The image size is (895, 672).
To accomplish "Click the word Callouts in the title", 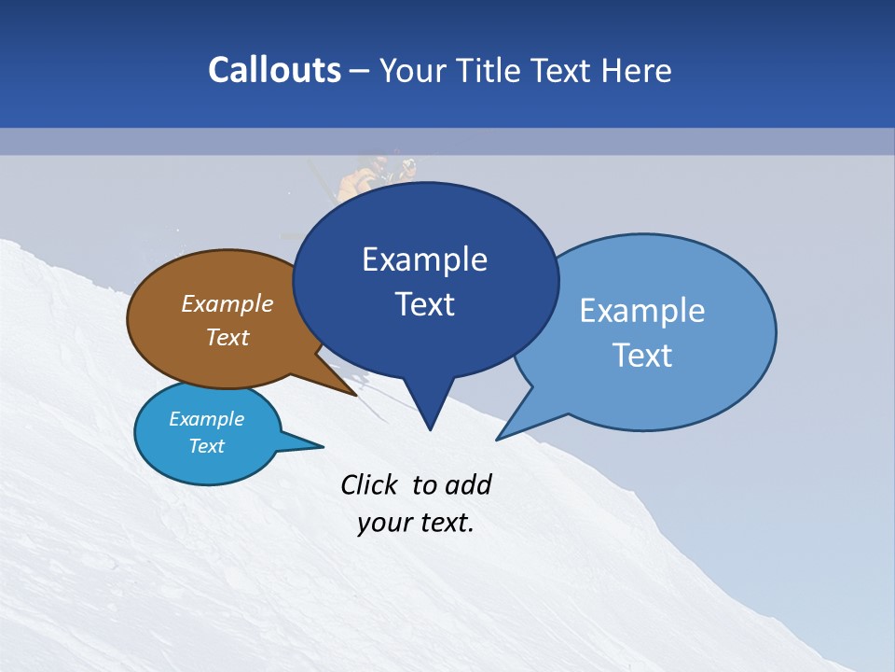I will coord(274,70).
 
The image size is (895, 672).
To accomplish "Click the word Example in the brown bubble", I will coord(227,303).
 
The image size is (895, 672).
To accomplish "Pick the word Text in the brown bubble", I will coord(227,337).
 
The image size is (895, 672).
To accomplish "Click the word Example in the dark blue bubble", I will coord(424,259).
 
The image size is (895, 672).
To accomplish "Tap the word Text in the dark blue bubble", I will coord(424,304).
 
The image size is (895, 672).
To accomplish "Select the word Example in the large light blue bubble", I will coord(642,311).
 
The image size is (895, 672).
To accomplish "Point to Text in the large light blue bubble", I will coord(642,356).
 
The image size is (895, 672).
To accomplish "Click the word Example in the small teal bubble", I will coord(206,419).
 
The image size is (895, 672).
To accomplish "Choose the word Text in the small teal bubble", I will coord(206,446).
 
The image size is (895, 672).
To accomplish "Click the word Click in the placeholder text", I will coord(369,484).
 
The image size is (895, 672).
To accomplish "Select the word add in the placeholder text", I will coord(467,484).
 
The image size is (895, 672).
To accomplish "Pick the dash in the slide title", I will coord(360,72).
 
